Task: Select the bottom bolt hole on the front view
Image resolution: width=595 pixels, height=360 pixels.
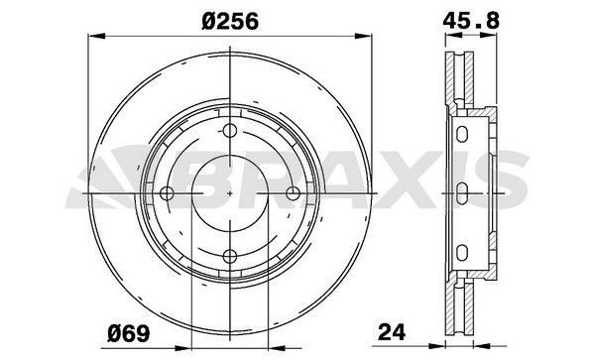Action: pos(230,258)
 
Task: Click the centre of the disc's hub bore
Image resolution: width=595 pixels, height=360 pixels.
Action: pos(230,194)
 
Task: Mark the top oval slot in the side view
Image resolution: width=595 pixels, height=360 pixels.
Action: pos(462,132)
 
